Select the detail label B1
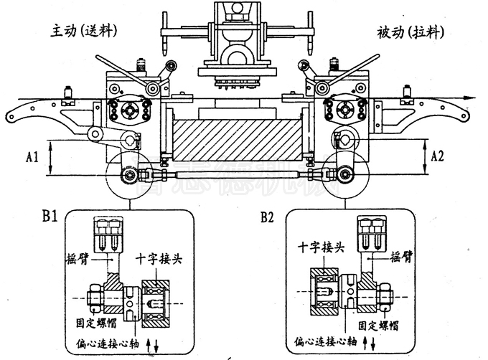(50, 214)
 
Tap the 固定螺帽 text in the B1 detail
(98, 323)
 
